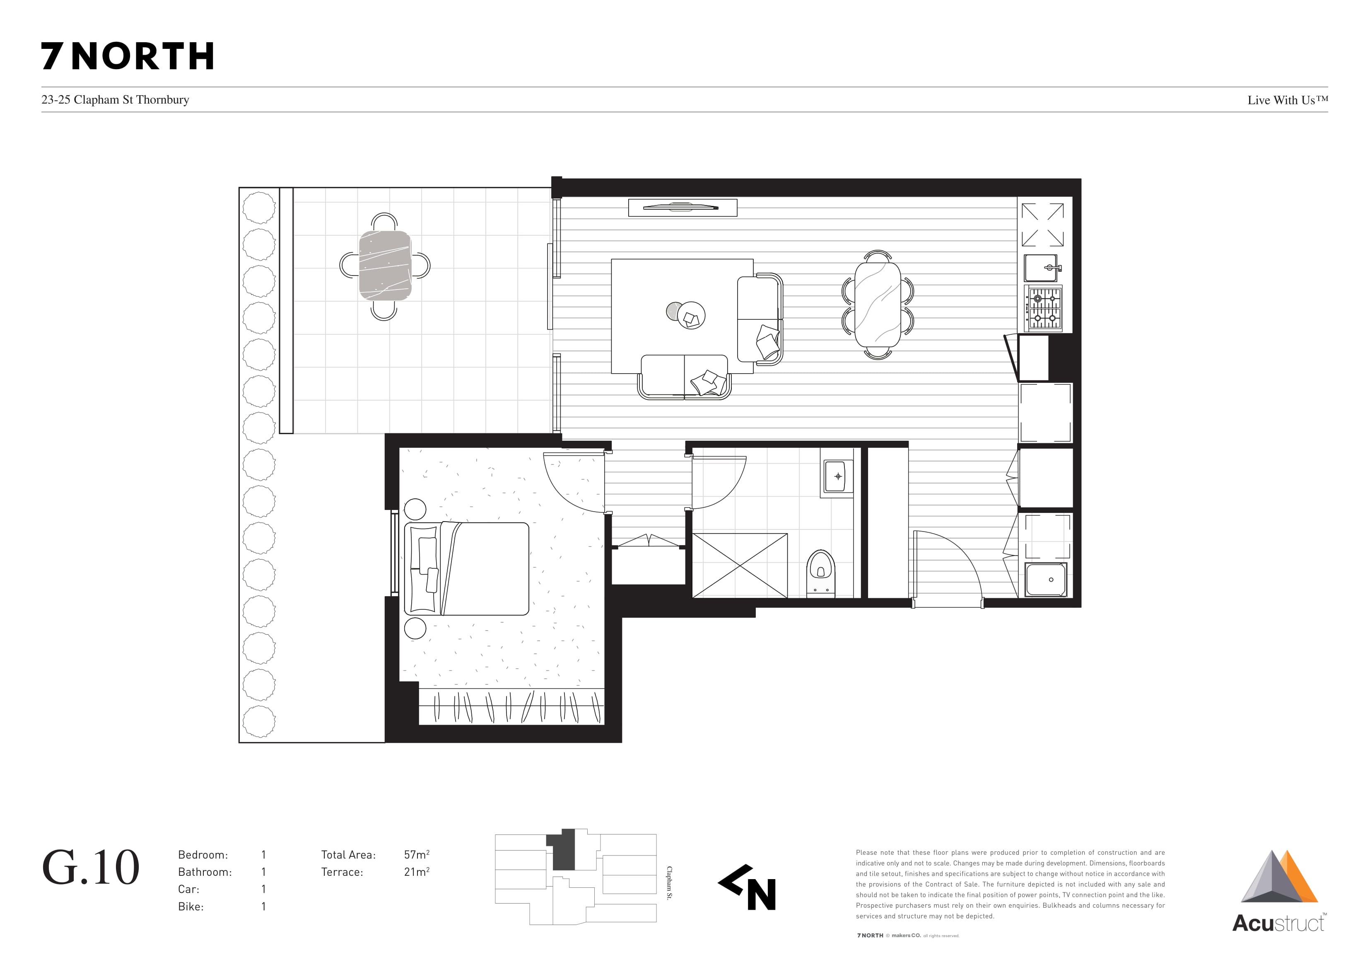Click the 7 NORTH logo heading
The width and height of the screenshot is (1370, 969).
click(127, 56)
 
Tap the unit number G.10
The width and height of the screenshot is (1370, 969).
click(91, 867)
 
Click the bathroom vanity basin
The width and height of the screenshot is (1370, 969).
click(838, 476)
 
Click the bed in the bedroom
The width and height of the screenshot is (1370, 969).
click(467, 568)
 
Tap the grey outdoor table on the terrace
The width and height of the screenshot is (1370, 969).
click(385, 266)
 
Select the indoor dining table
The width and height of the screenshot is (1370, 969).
click(878, 304)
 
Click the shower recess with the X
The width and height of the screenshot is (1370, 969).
click(740, 565)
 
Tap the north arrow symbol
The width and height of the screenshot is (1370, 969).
click(747, 887)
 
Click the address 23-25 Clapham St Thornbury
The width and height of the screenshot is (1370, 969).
click(115, 100)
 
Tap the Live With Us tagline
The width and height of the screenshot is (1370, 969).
click(1288, 100)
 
